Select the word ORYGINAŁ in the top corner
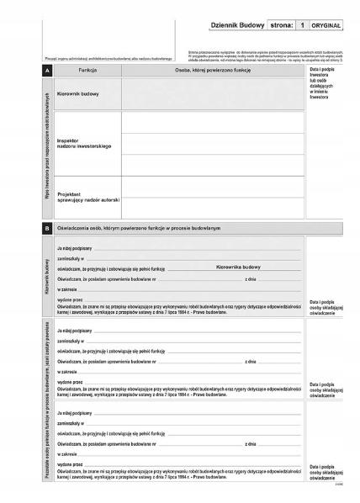coord(326,27)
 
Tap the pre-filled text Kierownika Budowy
coord(239,267)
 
